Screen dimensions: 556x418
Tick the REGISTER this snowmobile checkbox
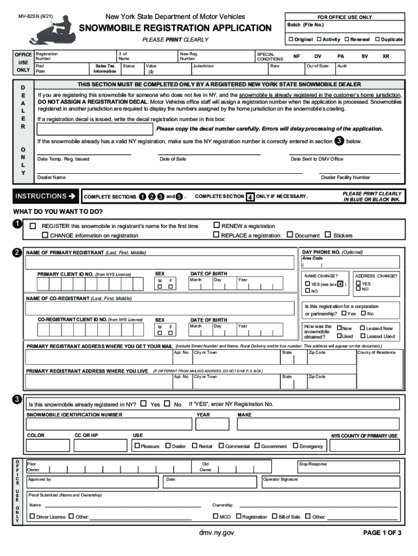pyautogui.click(x=34, y=226)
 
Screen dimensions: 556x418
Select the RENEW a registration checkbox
pyautogui.click(x=217, y=225)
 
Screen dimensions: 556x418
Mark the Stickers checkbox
pyautogui.click(x=327, y=235)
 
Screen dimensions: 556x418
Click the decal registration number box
pyautogui.click(x=94, y=129)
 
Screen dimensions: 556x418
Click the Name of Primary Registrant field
pyautogui.click(x=161, y=263)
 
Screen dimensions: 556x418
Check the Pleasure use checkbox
pyautogui.click(x=137, y=446)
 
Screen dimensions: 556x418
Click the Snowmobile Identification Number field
pyautogui.click(x=109, y=424)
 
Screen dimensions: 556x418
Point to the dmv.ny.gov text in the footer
pyautogui.click(x=217, y=533)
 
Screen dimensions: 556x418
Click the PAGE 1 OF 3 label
pyautogui.click(x=382, y=533)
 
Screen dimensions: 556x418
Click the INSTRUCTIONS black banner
pyautogui.click(x=45, y=196)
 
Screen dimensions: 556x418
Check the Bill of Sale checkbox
pyautogui.click(x=275, y=516)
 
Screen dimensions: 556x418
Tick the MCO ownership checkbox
pyautogui.click(x=216, y=516)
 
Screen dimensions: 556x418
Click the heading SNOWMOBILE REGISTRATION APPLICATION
pyautogui.click(x=176, y=28)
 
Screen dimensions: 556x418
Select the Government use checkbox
pyautogui.click(x=257, y=446)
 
